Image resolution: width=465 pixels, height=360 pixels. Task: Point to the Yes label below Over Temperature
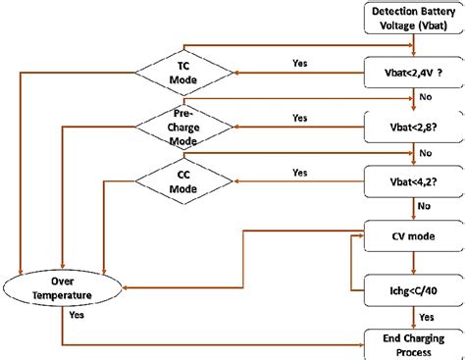click(x=76, y=316)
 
